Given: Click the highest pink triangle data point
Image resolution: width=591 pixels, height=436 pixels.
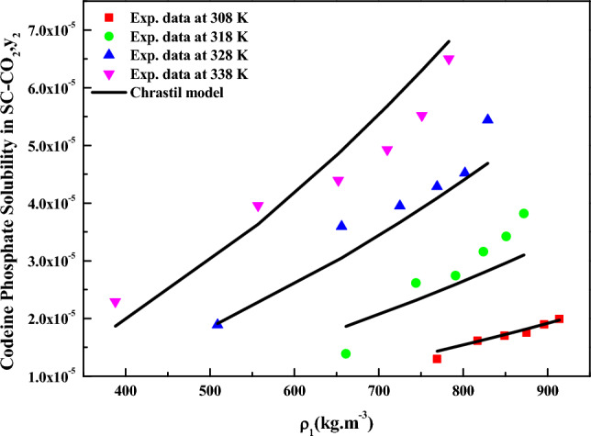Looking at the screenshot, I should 449,60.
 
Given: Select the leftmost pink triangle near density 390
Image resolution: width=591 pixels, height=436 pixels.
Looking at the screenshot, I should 115,303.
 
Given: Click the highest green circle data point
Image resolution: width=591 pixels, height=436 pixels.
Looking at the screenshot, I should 523,213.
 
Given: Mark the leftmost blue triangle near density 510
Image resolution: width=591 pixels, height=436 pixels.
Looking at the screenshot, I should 217,324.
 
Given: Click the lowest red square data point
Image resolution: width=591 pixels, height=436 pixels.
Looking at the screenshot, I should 437,359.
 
